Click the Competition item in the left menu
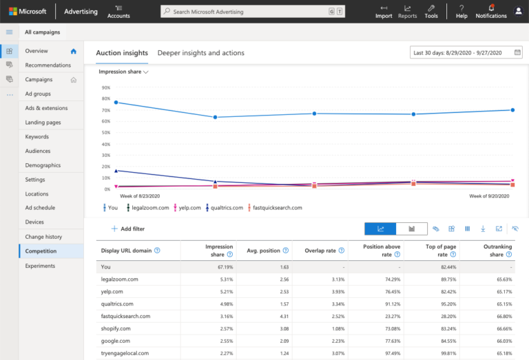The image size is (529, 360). point(41,251)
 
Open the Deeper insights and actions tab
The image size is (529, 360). point(200,53)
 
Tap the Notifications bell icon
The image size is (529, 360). point(491,8)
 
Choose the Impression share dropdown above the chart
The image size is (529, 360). point(123,72)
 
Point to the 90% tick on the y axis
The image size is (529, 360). point(105,87)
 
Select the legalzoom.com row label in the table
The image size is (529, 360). point(120,279)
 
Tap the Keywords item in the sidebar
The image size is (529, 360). point(37,137)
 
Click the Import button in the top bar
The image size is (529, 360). point(384,12)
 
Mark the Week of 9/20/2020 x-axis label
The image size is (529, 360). point(489,196)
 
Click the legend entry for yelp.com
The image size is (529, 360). point(186,207)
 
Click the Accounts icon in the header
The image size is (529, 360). point(118,12)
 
